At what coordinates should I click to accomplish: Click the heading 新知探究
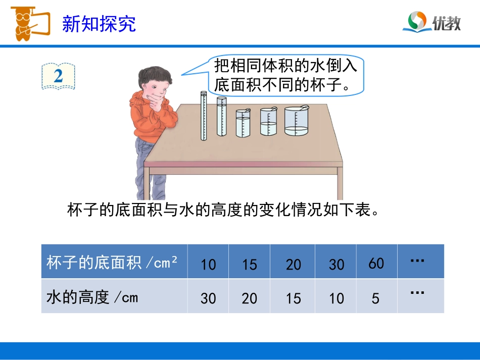[x=99, y=24]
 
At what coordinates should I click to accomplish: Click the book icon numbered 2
[x=59, y=76]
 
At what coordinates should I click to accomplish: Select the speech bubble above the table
[x=285, y=74]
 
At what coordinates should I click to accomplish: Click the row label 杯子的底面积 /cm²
[x=112, y=263]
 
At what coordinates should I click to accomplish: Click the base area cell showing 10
[x=208, y=264]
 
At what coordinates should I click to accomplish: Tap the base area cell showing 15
[x=250, y=264]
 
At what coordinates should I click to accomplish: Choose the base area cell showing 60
[x=376, y=263]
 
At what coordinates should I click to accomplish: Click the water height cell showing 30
[x=208, y=298]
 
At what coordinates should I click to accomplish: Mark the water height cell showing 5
[x=375, y=298]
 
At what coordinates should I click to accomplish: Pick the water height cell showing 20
[x=250, y=298]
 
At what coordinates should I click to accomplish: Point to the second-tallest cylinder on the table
[x=221, y=117]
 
